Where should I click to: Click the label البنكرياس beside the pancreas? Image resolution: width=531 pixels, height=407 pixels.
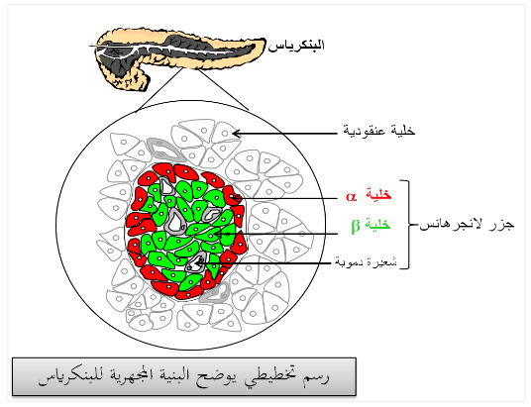click(x=296, y=46)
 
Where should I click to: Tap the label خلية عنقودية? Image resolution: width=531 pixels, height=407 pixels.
click(x=379, y=131)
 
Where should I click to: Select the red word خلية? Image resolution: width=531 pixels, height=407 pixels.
click(x=378, y=195)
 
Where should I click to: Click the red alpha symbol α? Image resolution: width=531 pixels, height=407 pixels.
click(x=351, y=196)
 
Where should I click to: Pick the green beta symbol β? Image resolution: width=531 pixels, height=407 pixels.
click(x=356, y=226)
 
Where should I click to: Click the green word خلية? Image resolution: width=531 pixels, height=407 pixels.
click(x=377, y=224)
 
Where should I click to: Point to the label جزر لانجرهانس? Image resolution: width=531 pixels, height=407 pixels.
click(x=467, y=225)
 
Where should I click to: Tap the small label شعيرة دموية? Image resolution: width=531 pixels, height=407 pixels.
click(x=366, y=261)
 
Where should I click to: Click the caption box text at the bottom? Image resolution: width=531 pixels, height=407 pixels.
click(x=183, y=376)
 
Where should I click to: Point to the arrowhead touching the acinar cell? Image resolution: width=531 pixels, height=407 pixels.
click(x=237, y=134)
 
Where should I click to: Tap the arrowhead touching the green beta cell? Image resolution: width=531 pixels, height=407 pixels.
click(x=217, y=234)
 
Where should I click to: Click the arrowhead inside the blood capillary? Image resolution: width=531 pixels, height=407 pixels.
click(x=200, y=262)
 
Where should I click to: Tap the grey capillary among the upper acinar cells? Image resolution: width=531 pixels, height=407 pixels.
click(x=164, y=149)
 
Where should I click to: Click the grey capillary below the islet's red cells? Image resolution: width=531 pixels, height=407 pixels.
click(x=215, y=293)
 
